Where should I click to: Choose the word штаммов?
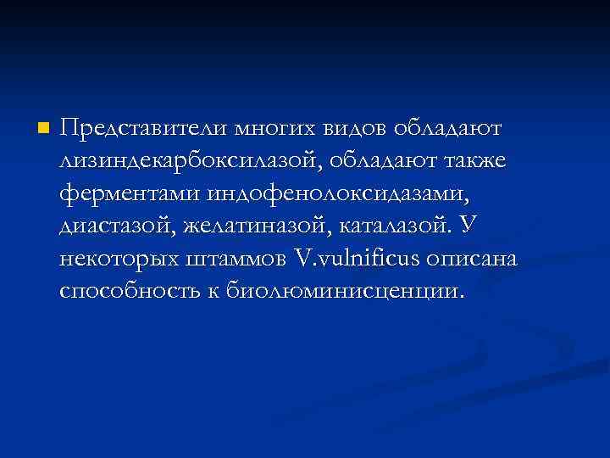tap(240, 258)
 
